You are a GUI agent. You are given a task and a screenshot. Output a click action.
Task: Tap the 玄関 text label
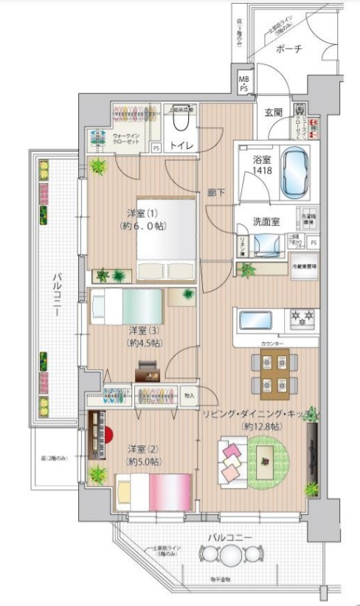[x=274, y=112]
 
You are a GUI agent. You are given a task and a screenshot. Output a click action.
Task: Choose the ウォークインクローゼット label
[x=127, y=139]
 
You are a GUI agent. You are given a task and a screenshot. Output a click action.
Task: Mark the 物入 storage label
[x=190, y=395]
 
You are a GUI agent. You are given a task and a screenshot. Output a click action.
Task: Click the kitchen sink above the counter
[x=256, y=321]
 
